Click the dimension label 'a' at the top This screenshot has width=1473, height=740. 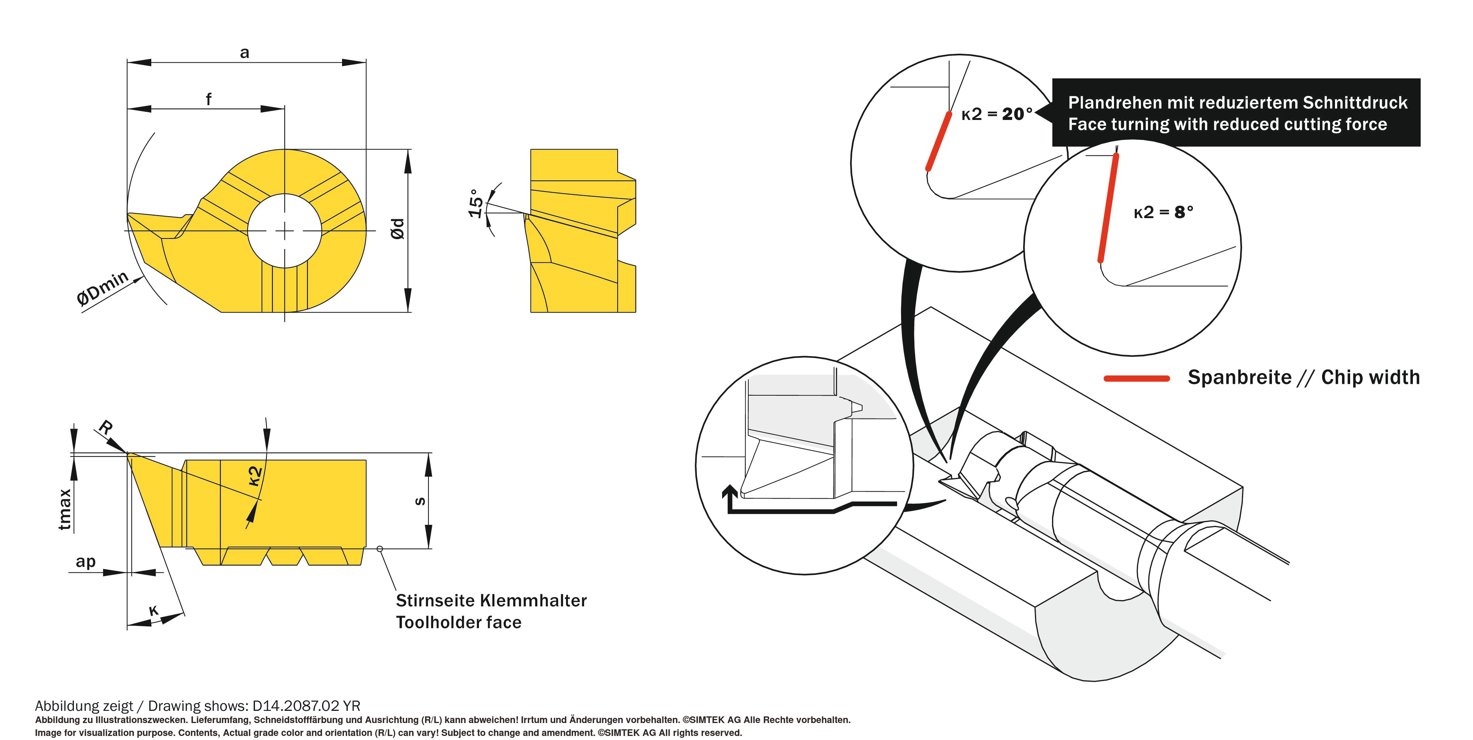coord(245,53)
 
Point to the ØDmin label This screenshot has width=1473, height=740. coord(103,288)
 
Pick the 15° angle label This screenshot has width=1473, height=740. coord(476,203)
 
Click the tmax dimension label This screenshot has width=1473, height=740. coord(65,509)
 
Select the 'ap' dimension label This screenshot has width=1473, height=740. coord(86,562)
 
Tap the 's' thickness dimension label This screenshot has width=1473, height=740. coord(420,502)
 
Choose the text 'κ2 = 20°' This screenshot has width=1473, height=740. coord(997,114)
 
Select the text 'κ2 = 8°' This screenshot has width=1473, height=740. coord(1163,213)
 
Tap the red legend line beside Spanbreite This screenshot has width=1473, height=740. coord(1136,378)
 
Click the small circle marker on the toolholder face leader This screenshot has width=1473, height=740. coord(380,549)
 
